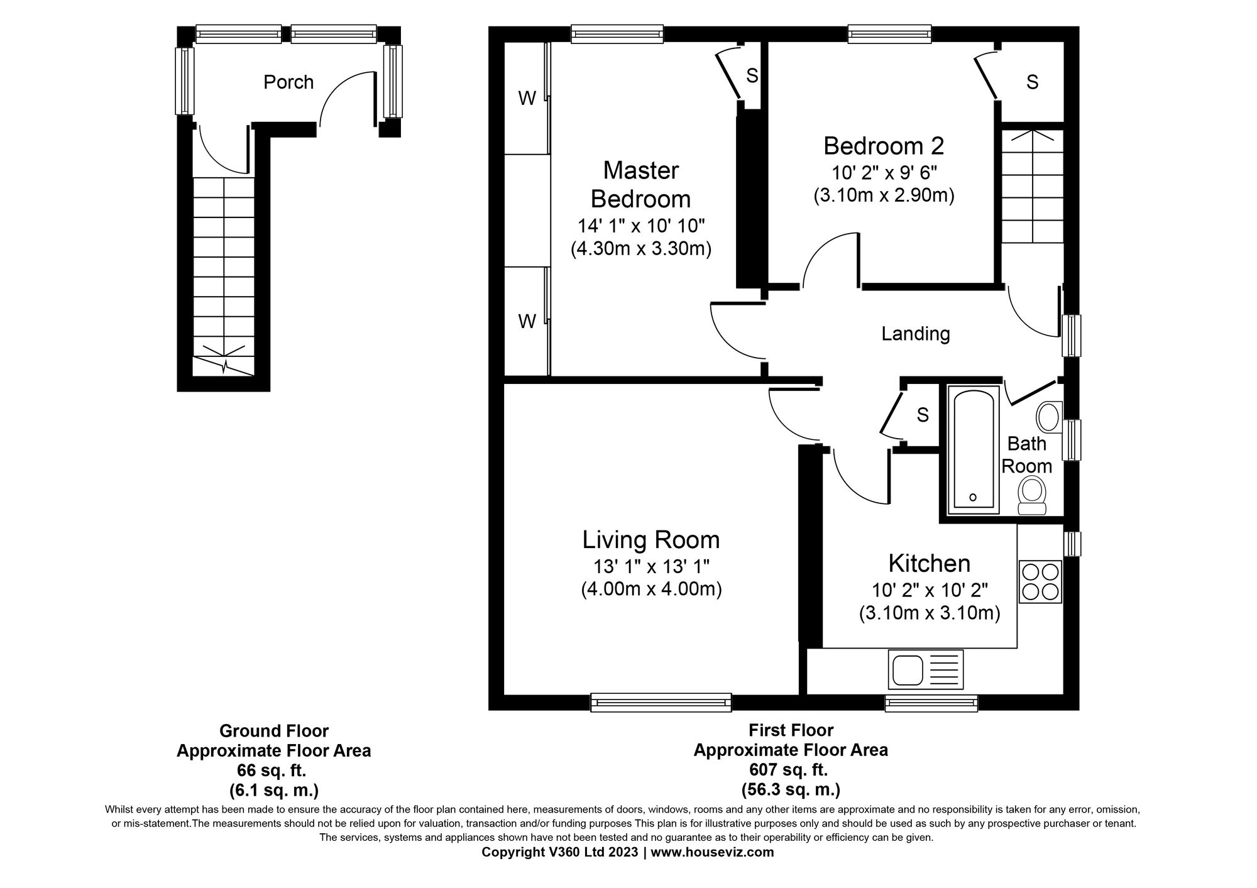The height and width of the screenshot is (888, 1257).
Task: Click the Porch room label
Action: tap(288, 82)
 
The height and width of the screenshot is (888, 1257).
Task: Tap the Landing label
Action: tap(915, 334)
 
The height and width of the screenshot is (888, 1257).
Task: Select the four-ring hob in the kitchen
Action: tap(1040, 581)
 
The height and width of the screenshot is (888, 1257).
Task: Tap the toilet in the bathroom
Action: tap(1031, 496)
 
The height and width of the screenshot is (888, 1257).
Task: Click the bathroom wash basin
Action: tap(1048, 416)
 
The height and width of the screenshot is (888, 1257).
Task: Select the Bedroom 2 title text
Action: tap(884, 146)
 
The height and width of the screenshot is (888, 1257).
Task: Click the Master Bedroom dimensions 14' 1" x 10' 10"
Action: tap(641, 226)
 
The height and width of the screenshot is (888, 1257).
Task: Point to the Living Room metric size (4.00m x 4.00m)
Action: tap(651, 589)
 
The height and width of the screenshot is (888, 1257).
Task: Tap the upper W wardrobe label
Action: tap(527, 98)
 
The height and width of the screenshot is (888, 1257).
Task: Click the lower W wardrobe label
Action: tap(527, 322)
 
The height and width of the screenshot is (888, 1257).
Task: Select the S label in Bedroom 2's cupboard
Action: tap(1032, 82)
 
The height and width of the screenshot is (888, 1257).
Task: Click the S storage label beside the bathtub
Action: tap(923, 415)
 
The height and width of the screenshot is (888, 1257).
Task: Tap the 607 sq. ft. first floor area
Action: tap(791, 769)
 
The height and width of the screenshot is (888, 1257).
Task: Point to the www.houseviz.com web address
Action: tap(712, 853)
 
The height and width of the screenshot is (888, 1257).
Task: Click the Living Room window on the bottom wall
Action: tap(661, 703)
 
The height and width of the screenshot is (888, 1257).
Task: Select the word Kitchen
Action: tap(929, 563)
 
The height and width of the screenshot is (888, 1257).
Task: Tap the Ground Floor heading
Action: tap(273, 731)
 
